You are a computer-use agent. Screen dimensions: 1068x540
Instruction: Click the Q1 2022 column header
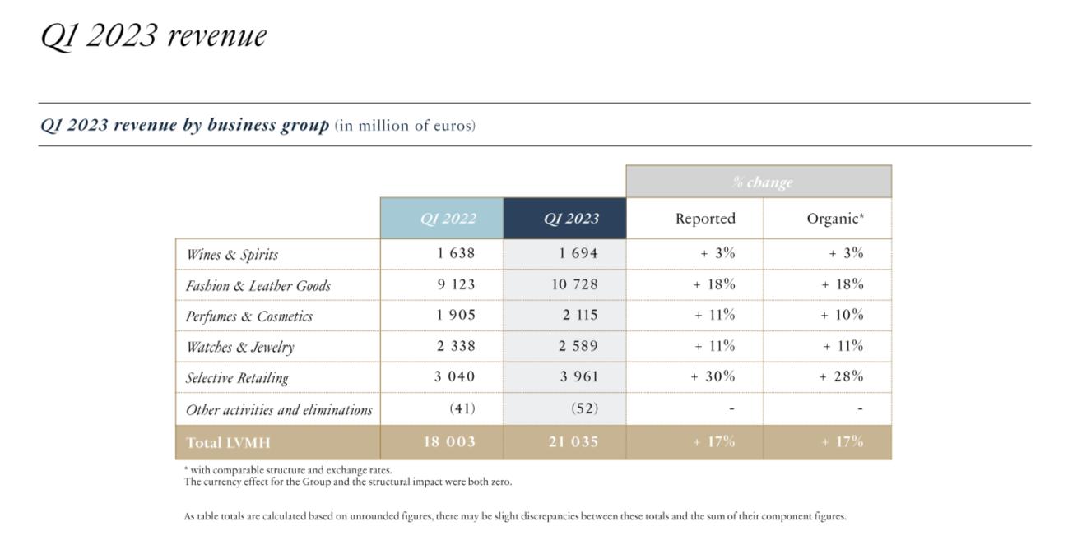(x=448, y=219)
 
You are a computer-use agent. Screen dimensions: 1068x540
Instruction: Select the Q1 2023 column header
(x=571, y=219)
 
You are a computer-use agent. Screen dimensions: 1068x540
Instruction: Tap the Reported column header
(x=705, y=219)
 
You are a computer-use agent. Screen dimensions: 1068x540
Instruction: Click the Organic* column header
(x=835, y=219)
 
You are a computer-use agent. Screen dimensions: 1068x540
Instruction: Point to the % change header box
(x=759, y=182)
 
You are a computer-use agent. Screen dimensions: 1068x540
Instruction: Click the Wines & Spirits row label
(x=232, y=255)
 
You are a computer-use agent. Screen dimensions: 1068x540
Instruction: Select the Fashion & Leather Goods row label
(x=258, y=286)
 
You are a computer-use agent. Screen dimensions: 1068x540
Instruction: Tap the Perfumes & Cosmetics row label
(x=248, y=316)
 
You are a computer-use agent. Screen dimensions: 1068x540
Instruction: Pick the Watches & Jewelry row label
(x=240, y=347)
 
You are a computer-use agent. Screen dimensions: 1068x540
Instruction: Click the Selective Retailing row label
(x=237, y=378)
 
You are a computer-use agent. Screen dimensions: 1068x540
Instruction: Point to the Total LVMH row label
(x=228, y=443)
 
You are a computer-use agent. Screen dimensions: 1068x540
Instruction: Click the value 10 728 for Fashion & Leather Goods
(x=574, y=284)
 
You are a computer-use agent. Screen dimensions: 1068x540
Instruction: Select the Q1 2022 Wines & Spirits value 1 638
(x=456, y=253)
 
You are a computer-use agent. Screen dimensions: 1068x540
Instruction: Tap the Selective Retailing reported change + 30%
(x=713, y=376)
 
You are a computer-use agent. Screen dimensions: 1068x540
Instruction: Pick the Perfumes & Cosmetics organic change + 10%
(x=842, y=315)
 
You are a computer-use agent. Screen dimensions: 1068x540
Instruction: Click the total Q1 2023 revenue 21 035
(x=573, y=441)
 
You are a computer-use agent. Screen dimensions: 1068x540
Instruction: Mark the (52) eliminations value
(x=584, y=408)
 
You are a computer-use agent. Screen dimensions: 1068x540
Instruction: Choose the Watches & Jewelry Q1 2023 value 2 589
(x=578, y=346)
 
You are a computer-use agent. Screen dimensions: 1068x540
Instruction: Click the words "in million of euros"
(x=406, y=126)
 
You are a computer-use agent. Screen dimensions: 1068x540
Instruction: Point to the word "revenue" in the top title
(x=217, y=36)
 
